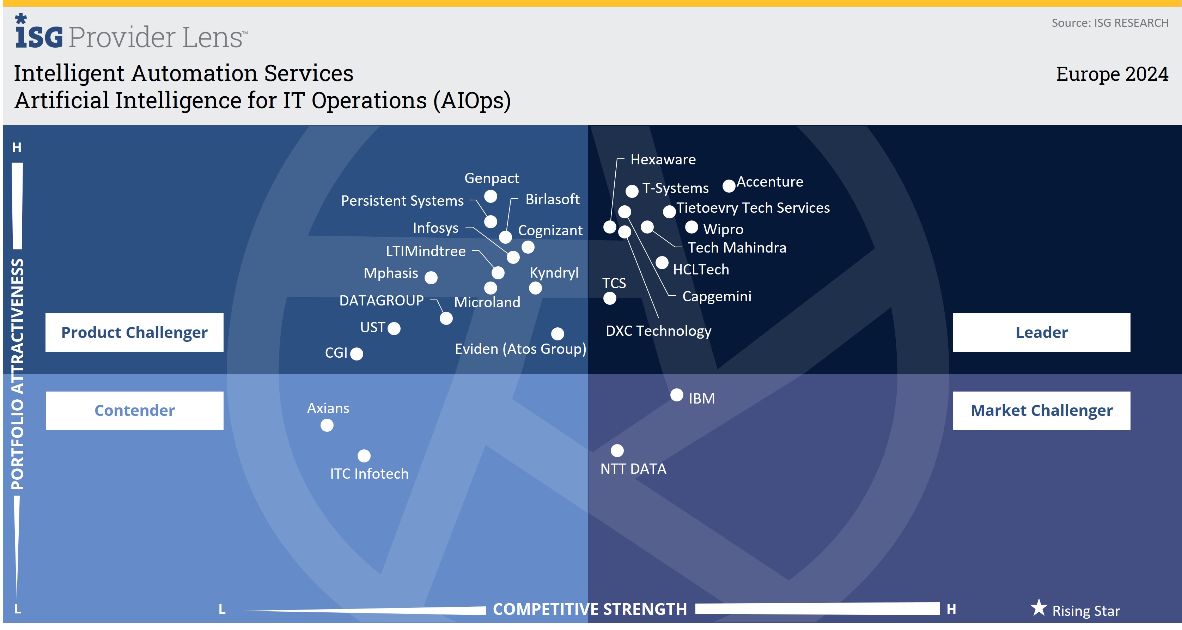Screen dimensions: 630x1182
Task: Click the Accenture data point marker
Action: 729,186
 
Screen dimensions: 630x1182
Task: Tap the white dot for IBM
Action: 677,395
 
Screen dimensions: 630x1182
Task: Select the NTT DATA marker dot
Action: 617,450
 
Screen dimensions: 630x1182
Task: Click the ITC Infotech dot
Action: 364,456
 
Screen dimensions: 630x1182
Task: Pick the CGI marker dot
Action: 357,354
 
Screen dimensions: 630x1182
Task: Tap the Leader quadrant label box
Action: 1041,332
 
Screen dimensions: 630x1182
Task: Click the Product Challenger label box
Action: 134,332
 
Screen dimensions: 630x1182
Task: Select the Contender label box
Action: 134,410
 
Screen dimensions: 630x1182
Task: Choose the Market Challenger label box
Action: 1041,410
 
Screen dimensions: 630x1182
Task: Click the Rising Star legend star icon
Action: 1038,608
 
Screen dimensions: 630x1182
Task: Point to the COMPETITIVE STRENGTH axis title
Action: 590,609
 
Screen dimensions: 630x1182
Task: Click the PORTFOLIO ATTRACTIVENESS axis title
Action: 17,374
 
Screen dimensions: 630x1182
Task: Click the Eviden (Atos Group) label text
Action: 520,349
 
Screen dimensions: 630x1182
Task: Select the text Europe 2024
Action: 1112,74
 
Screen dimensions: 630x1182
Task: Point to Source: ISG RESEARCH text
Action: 1109,23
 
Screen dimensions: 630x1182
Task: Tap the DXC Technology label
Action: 658,331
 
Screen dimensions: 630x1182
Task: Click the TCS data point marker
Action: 609,298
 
